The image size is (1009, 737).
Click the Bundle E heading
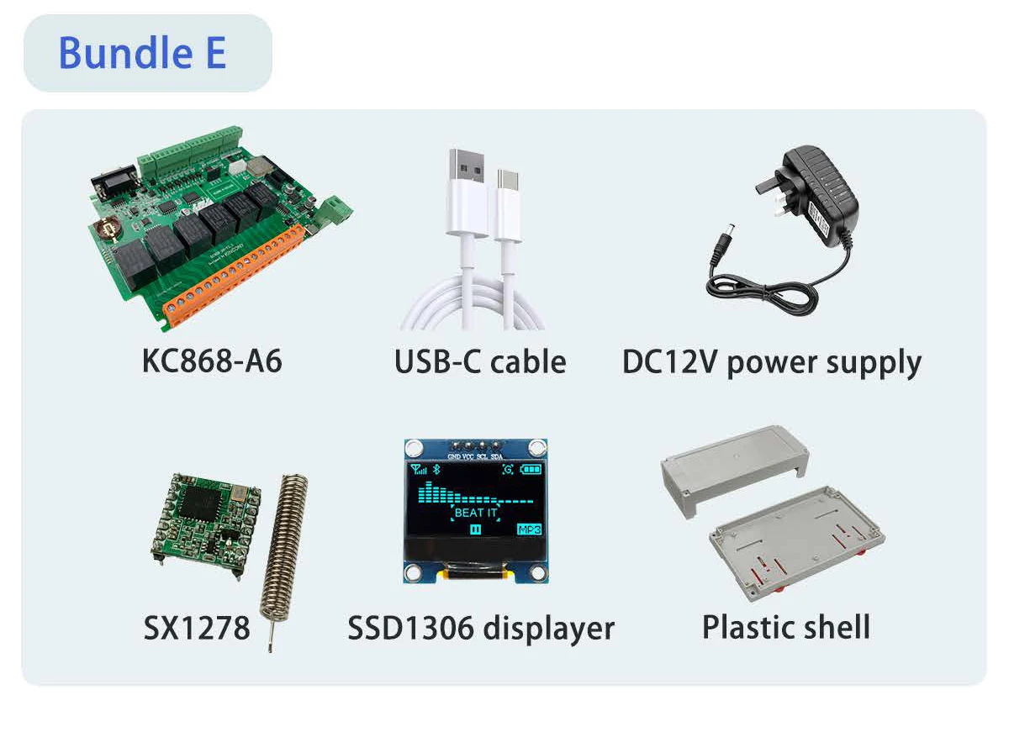coord(142,53)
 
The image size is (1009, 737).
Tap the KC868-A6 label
coord(212,361)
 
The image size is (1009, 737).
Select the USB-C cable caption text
coord(480,361)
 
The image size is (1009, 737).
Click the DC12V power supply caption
coord(772,362)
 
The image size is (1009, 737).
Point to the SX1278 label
coord(197,628)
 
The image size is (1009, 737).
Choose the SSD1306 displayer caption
coord(481,628)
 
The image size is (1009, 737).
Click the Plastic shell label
coord(785,627)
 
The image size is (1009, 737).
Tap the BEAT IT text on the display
coord(476,512)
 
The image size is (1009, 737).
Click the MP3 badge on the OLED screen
coord(529,529)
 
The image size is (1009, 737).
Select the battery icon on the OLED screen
coord(531,470)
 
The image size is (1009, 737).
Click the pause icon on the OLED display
coord(476,529)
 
